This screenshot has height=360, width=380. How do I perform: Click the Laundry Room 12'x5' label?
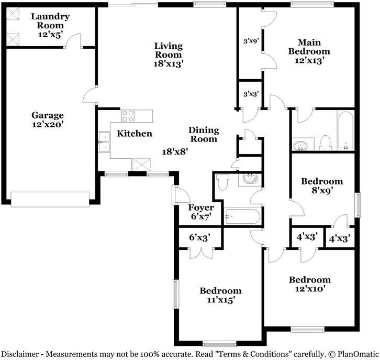pyautogui.click(x=50, y=25)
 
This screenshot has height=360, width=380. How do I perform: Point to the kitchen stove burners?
pyautogui.click(x=128, y=116)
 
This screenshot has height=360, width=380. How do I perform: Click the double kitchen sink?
pyautogui.click(x=104, y=142)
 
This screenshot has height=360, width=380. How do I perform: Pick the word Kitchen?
pyautogui.click(x=135, y=134)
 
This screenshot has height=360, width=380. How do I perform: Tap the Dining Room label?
pyautogui.click(x=204, y=134)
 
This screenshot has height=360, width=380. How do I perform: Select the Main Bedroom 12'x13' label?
pyautogui.click(x=309, y=51)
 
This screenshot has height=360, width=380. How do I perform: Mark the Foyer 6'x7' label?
pyautogui.click(x=201, y=212)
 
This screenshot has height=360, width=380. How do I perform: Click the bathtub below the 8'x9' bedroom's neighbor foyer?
pyautogui.click(x=242, y=216)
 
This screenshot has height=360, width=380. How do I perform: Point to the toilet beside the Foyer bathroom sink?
pyautogui.click(x=223, y=182)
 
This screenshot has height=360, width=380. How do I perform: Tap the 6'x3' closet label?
pyautogui.click(x=199, y=237)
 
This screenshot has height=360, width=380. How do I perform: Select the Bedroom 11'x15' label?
pyautogui.click(x=220, y=295)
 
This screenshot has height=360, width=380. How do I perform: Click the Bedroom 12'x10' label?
pyautogui.click(x=310, y=284)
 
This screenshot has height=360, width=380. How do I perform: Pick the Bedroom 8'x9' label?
pyautogui.click(x=322, y=186)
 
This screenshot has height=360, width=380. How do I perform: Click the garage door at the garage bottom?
pyautogui.click(x=50, y=200)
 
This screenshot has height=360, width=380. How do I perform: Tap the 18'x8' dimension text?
pyautogui.click(x=175, y=152)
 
